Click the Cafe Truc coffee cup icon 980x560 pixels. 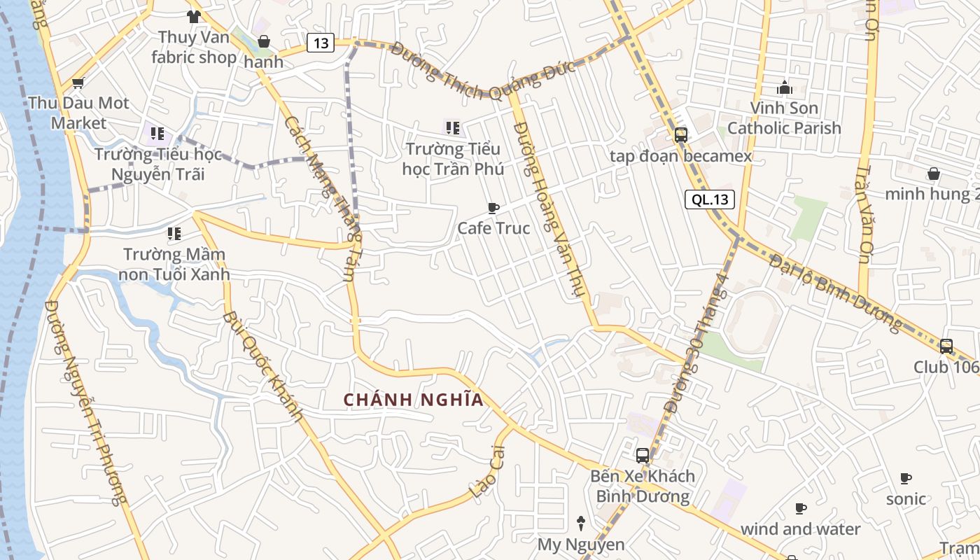493,208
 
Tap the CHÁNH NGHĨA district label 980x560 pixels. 413,400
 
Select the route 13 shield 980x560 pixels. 321,43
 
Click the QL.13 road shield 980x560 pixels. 710,199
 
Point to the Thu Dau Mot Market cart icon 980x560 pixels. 78,83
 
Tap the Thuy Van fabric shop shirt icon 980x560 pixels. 193,16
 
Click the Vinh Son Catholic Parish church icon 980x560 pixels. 784,88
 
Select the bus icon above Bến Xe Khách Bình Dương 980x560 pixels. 642,456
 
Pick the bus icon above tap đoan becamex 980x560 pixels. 680,135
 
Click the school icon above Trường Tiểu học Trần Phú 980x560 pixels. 452,128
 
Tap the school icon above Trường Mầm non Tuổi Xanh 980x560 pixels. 174,233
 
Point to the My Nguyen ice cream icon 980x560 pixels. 580,523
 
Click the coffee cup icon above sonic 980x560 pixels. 906,479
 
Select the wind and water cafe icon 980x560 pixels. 801,509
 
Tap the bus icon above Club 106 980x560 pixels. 946,346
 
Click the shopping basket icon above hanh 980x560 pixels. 264,41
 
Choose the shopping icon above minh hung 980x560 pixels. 933,174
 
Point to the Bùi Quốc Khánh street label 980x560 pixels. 263,367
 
